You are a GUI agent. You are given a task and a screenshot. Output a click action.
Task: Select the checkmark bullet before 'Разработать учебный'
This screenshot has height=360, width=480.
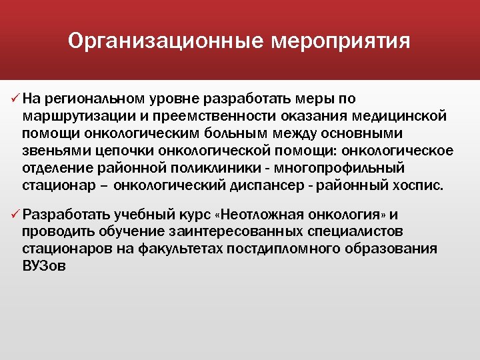click(15, 215)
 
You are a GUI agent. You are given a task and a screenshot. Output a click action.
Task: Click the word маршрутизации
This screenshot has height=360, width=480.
click(66, 117)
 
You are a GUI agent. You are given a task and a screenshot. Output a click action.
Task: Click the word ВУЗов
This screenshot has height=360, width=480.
click(45, 265)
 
